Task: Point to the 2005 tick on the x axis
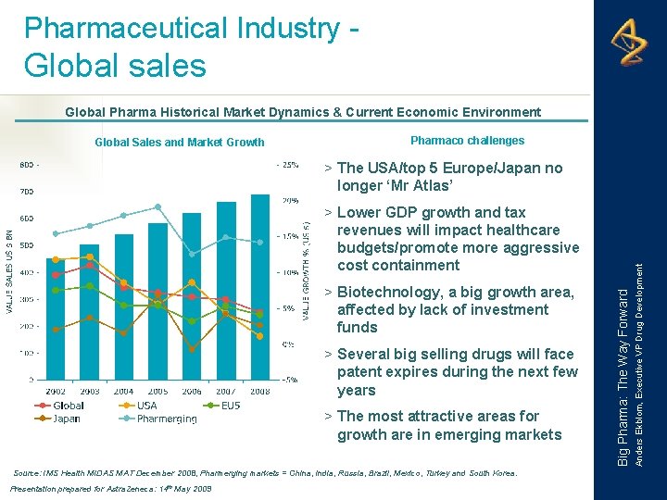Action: (x=157, y=392)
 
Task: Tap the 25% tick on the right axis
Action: (x=289, y=165)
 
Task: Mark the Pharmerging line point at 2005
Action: (x=158, y=206)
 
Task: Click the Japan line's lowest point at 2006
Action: (x=192, y=350)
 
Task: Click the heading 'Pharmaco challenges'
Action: (x=467, y=141)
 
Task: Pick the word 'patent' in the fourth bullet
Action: (x=359, y=372)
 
